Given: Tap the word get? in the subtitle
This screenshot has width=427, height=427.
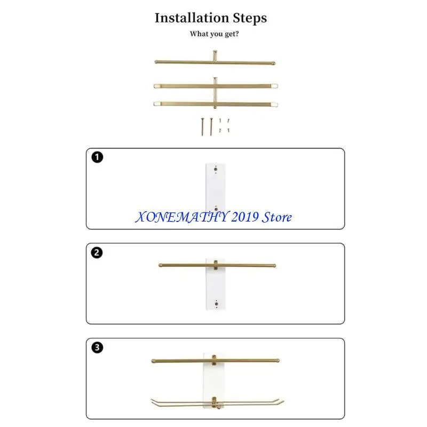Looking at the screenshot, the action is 232,34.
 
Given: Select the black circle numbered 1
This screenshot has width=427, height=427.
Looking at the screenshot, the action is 97,157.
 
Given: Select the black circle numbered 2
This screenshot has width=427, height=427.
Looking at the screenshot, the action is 97,252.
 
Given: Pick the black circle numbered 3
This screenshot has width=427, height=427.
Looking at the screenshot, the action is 97,347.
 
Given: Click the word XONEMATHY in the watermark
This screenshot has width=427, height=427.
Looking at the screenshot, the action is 183,217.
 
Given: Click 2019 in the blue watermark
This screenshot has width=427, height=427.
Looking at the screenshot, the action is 245,217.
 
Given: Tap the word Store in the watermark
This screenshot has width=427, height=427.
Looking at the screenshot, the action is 276,217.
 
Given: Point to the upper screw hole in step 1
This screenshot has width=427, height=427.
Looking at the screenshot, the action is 216,169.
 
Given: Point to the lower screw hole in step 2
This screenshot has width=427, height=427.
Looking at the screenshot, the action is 217,304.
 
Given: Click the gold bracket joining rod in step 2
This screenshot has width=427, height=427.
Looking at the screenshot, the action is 216,265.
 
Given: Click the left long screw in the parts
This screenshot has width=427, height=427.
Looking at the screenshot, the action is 202,126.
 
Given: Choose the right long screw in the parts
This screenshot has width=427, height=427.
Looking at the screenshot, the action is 211,126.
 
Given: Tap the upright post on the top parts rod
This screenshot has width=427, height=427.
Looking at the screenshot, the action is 215,56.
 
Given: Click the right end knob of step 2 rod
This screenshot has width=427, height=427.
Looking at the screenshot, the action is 274,265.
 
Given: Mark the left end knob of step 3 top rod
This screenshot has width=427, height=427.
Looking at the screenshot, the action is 153,361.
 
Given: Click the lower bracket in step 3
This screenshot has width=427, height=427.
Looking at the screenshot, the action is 215,403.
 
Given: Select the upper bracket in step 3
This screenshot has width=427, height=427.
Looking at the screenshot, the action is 215,360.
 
